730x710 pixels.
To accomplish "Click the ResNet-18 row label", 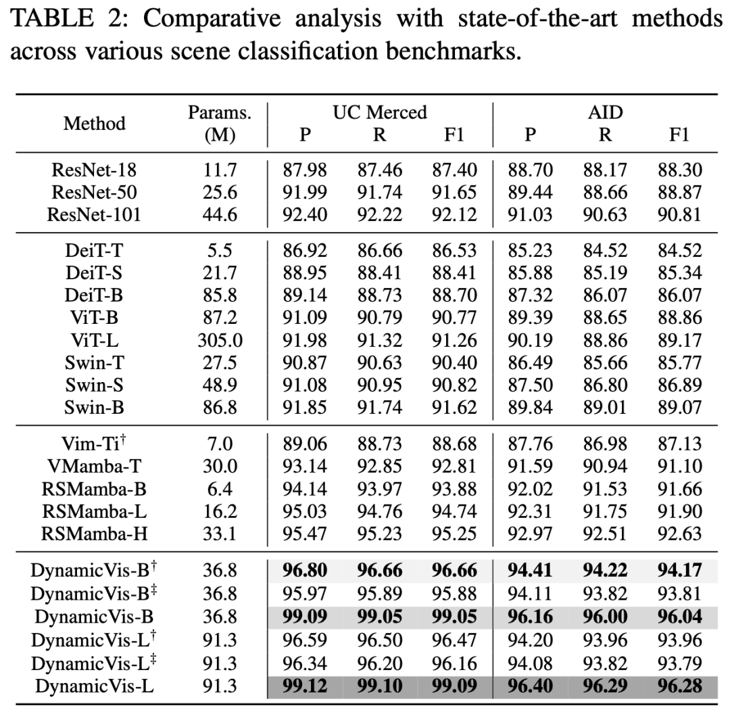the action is tap(93, 170).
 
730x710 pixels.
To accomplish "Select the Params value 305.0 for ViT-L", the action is tap(220, 341).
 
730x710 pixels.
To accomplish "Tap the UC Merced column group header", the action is tap(379, 112).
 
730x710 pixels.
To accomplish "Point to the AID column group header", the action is tap(605, 112).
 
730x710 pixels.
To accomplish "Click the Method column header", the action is tap(95, 124).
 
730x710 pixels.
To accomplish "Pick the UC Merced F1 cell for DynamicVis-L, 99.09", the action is tap(454, 686).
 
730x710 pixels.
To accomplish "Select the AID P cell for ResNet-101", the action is tap(530, 215).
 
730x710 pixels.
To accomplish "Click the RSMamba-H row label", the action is tap(95, 534).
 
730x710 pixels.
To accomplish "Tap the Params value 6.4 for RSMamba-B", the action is tap(220, 489).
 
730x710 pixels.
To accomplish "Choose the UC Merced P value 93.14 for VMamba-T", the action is tap(305, 467).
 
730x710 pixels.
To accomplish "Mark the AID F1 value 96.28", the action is tap(679, 686).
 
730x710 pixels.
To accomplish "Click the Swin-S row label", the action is tap(95, 385).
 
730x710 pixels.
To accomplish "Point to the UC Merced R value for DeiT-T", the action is tap(379, 251).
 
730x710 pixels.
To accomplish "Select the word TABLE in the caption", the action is tap(51, 19).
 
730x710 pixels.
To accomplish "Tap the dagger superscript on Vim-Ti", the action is tap(124, 438).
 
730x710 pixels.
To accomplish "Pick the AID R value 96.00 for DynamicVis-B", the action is tap(605, 617).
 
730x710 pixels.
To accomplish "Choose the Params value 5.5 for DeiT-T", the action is tap(220, 251).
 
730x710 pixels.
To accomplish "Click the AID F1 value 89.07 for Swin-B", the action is tap(679, 408).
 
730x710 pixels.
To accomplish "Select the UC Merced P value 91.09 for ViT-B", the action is tap(305, 318).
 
